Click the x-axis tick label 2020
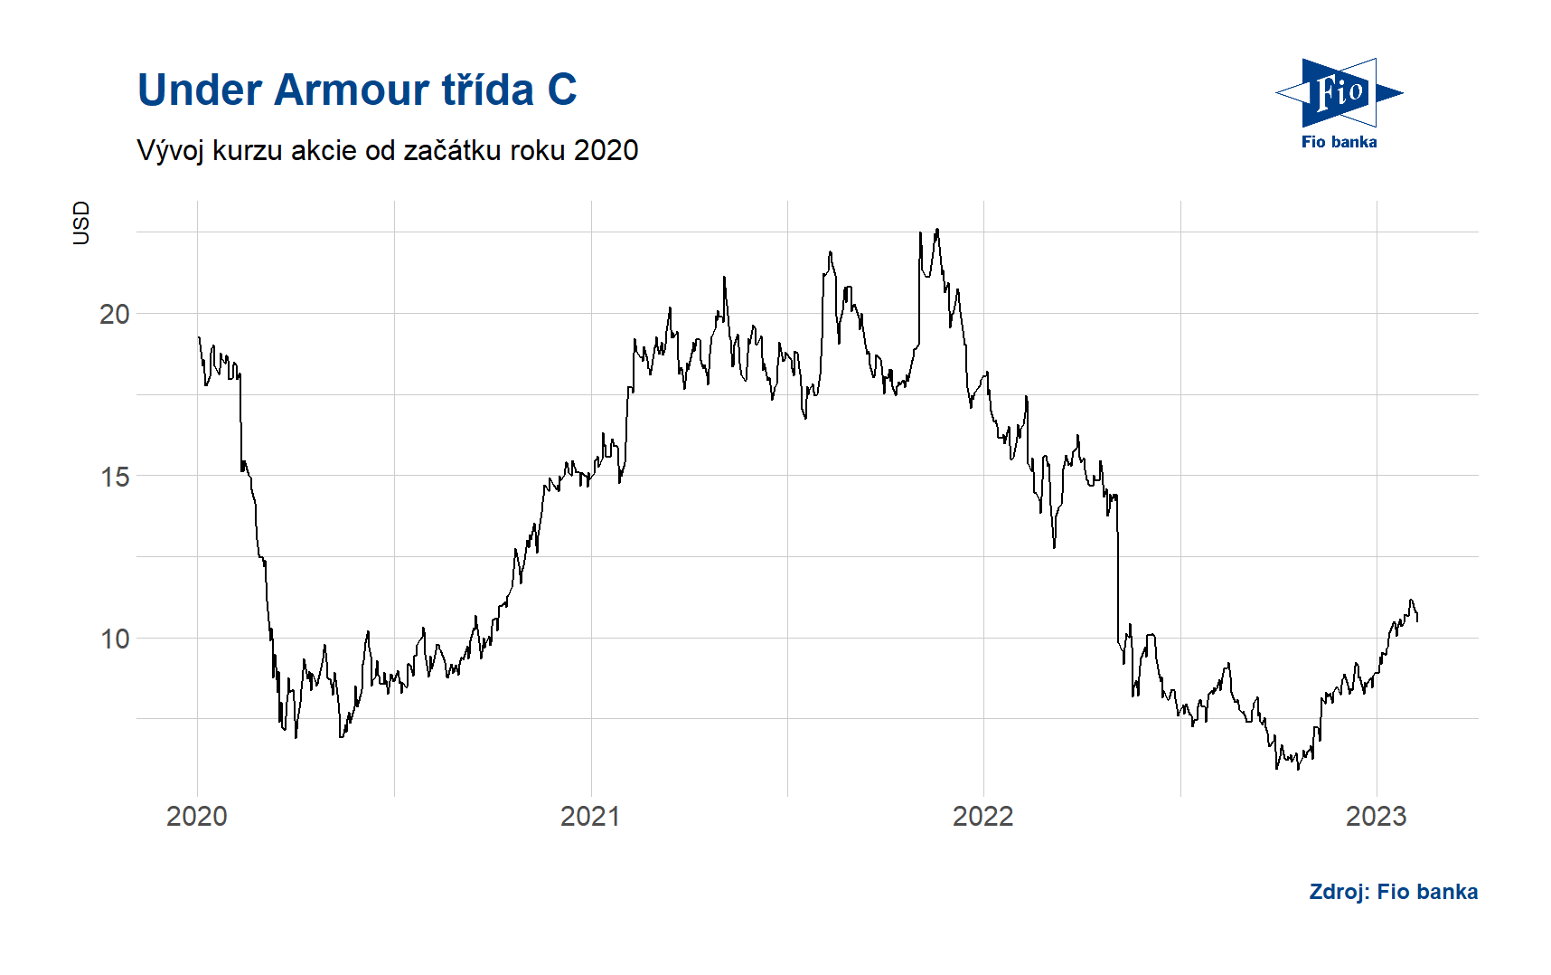[197, 816]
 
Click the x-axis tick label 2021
[590, 816]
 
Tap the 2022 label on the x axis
[983, 816]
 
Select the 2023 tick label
[1376, 816]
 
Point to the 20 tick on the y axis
[115, 314]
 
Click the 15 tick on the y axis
[115, 477]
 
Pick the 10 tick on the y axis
[115, 639]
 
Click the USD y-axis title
[81, 222]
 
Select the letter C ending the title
[561, 90]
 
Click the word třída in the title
[487, 90]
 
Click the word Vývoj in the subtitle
[171, 150]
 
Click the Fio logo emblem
[1339, 93]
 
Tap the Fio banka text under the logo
[1339, 142]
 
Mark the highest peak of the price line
[937, 230]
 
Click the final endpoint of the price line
[1417, 620]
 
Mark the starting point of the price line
[199, 337]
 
